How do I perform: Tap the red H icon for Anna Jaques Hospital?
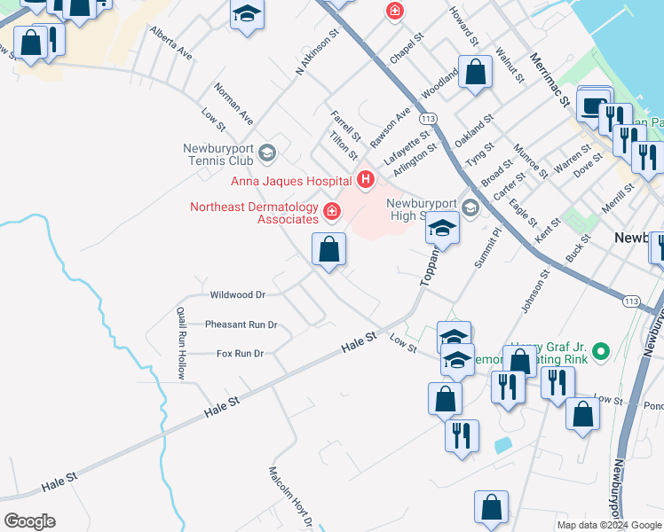pyautogui.click(x=365, y=181)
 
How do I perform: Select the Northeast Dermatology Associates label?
pyautogui.click(x=254, y=213)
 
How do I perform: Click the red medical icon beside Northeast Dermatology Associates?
pyautogui.click(x=332, y=211)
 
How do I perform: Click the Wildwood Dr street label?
pyautogui.click(x=237, y=294)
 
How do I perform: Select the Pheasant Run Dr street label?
pyautogui.click(x=241, y=325)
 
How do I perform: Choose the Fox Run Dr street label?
pyautogui.click(x=241, y=353)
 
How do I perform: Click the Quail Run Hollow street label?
pyautogui.click(x=180, y=343)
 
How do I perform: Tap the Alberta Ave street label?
pyautogui.click(x=171, y=42)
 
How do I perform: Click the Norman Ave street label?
pyautogui.click(x=233, y=104)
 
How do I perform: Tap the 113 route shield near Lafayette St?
pyautogui.click(x=430, y=118)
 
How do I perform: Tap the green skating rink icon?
pyautogui.click(x=601, y=352)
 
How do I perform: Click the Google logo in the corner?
pyautogui.click(x=29, y=521)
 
